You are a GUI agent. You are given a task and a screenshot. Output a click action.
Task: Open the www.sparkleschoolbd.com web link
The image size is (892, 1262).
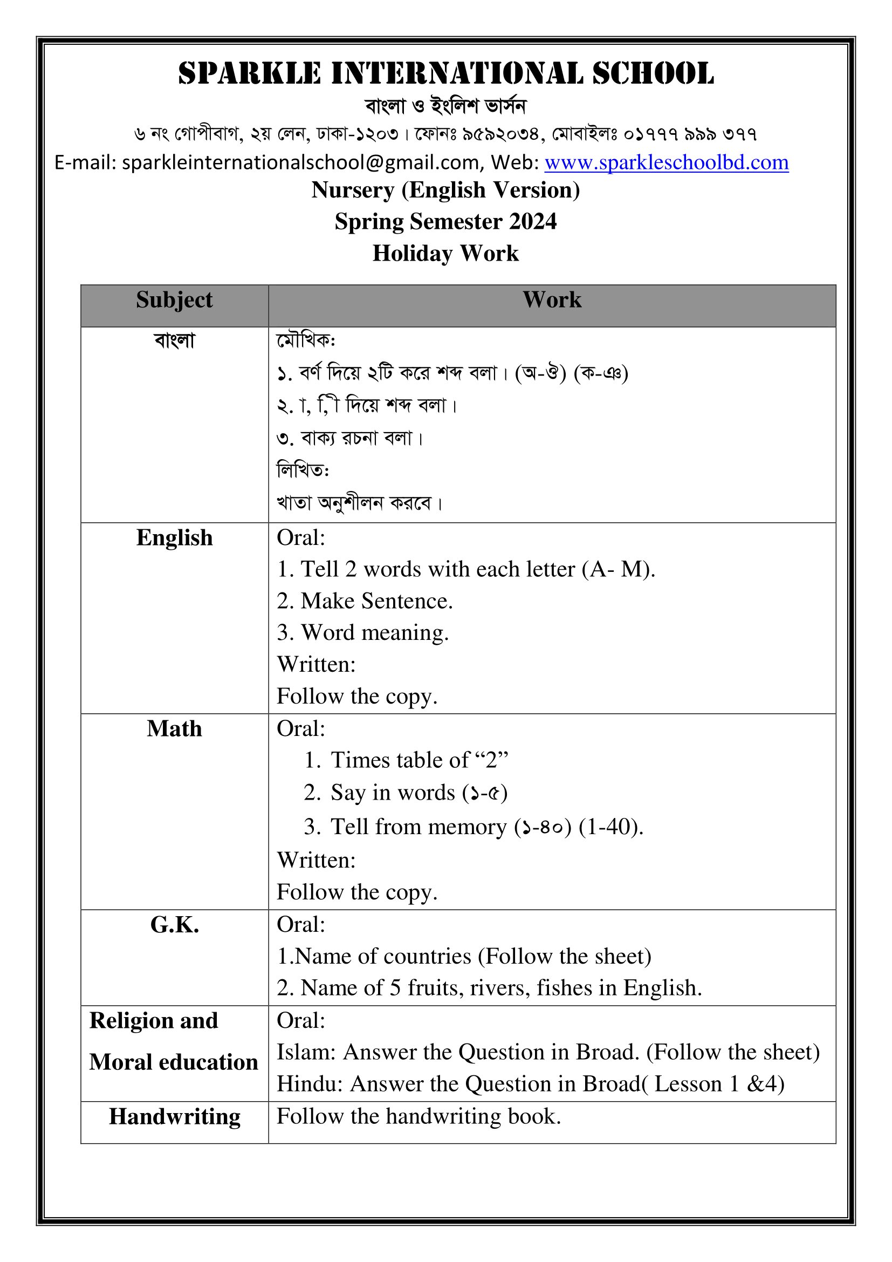tap(666, 163)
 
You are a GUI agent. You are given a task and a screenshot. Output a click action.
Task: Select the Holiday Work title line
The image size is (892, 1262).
tap(445, 254)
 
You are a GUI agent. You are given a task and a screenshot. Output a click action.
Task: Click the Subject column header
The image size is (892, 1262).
tap(174, 300)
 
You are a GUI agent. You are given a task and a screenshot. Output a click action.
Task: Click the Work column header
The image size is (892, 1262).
tap(552, 300)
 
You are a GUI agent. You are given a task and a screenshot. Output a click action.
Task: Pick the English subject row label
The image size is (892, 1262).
tap(174, 537)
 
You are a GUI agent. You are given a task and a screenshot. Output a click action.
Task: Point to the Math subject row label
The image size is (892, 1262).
tap(174, 729)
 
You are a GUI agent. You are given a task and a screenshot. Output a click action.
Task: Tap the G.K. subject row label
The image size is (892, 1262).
tap(174, 926)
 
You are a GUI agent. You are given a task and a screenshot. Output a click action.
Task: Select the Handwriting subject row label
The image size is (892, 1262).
tap(174, 1117)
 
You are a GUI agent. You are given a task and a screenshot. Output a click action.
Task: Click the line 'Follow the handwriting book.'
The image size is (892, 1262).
tap(418, 1116)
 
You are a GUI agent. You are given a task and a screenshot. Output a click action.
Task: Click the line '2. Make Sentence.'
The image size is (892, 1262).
tap(365, 601)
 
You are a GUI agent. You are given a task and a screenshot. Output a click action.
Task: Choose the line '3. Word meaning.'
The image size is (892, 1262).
tap(362, 633)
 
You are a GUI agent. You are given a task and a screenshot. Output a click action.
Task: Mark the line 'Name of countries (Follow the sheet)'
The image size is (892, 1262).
tap(464, 957)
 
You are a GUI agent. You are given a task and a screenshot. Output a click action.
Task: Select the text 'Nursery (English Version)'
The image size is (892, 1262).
tap(445, 190)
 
